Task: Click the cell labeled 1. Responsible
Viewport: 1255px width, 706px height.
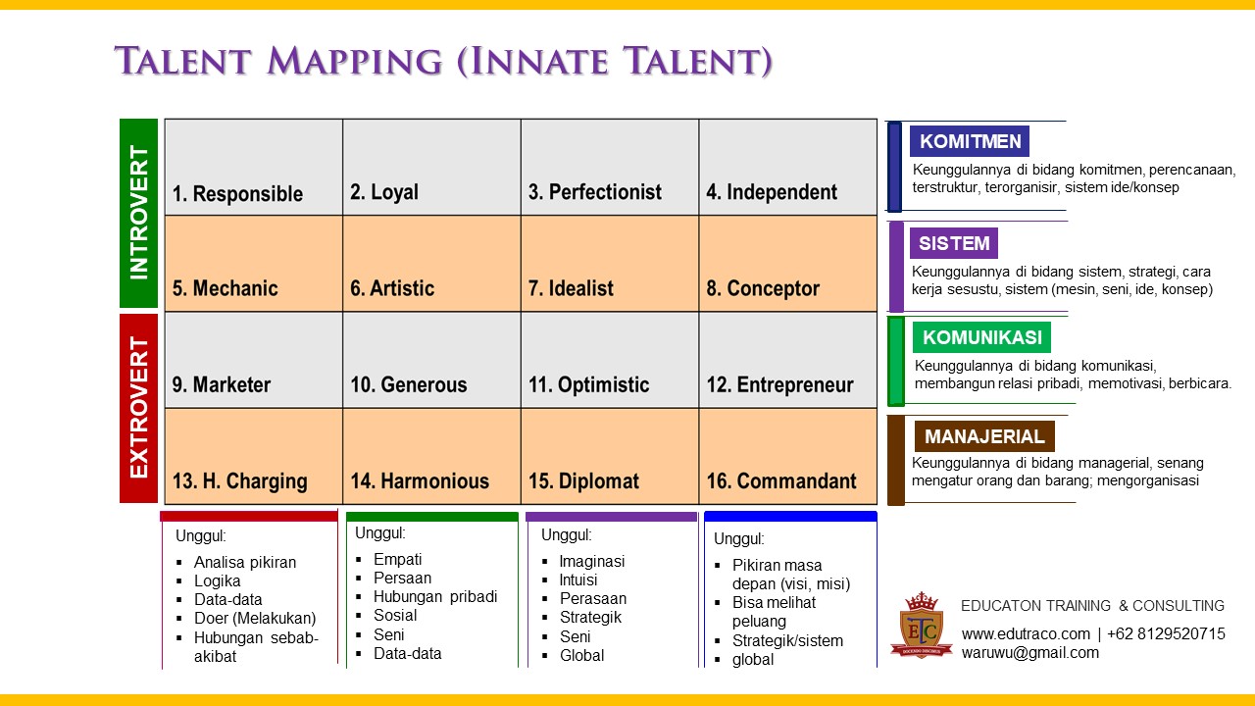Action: [253, 168]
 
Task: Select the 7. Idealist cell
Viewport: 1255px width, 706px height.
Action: [609, 264]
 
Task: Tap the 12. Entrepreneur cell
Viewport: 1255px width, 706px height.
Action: [787, 360]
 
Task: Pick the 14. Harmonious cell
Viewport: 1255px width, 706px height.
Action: [431, 456]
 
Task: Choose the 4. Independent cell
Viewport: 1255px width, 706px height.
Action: [787, 168]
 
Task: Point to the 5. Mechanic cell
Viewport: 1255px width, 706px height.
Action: [253, 264]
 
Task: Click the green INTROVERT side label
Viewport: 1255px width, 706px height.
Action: [138, 213]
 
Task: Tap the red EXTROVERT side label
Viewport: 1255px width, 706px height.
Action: [138, 408]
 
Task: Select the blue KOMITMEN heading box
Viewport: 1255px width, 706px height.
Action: [970, 141]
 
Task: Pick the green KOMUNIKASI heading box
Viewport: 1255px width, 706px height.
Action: [981, 337]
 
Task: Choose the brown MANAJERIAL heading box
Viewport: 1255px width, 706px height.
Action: [984, 436]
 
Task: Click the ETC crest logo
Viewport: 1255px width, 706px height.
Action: [921, 625]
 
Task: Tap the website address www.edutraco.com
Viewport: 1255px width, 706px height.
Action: [1025, 633]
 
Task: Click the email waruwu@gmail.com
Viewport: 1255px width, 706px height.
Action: [1029, 652]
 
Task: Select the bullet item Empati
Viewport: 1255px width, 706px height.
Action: [397, 559]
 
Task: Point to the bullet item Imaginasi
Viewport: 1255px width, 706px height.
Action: [591, 561]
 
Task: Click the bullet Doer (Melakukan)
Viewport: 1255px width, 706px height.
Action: [254, 618]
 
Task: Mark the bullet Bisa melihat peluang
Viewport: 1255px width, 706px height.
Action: [774, 612]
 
